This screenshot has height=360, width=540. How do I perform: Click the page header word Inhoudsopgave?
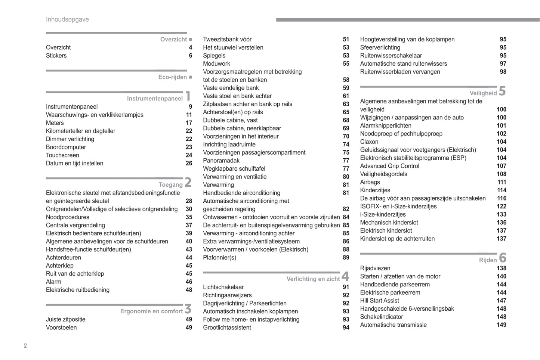click(x=67, y=19)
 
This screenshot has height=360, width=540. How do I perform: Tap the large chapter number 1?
click(x=188, y=96)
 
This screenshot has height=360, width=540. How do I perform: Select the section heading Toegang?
click(x=170, y=184)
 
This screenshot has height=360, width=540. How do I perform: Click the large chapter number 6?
click(x=503, y=258)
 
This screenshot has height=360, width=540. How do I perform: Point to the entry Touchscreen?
click(x=62, y=155)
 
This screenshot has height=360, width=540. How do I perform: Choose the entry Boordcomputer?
click(x=66, y=147)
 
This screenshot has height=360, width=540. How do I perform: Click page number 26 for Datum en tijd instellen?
click(x=189, y=164)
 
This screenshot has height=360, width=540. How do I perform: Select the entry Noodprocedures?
click(x=68, y=217)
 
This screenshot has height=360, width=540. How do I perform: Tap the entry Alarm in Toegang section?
click(x=53, y=282)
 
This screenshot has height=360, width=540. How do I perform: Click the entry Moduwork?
click(x=216, y=64)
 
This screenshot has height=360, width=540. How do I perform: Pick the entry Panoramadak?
click(x=221, y=161)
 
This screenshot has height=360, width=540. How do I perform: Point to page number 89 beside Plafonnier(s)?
click(x=346, y=258)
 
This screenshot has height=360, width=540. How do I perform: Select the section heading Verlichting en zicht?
click(x=313, y=279)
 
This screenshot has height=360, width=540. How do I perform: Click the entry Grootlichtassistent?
click(x=227, y=328)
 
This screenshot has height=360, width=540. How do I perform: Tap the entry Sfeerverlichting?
click(x=380, y=48)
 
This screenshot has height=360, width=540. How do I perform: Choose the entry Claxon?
click(x=369, y=142)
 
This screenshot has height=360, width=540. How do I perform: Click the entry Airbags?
click(x=370, y=182)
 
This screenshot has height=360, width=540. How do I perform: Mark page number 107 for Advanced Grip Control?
click(x=502, y=166)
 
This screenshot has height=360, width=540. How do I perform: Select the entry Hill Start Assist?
click(x=379, y=301)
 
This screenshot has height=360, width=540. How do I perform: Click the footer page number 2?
click(x=25, y=346)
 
